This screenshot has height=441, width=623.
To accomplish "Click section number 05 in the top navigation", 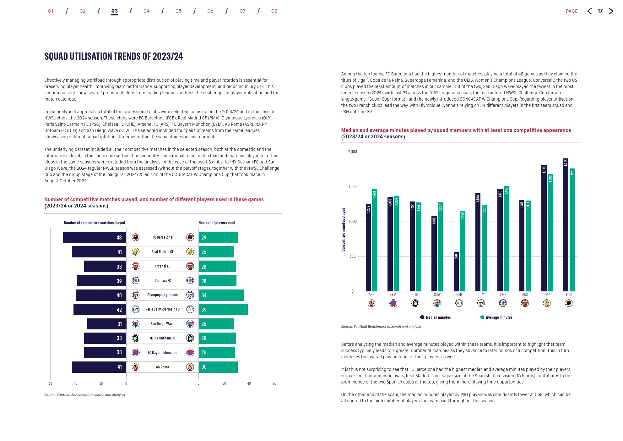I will point(178,11).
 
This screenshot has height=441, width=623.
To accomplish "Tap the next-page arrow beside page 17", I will point(611,11).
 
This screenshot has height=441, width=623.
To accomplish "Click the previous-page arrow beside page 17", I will point(589,11).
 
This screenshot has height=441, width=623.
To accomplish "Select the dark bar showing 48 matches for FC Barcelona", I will point(95,238).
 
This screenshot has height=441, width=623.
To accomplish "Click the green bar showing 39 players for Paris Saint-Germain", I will point(223,310).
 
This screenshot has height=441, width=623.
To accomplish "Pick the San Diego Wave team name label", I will point(162,324).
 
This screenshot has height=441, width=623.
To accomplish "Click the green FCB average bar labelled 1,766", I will point(572,230).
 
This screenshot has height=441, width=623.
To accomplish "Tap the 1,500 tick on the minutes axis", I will point(352,187).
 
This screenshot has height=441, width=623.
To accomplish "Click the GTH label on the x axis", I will point(415,295).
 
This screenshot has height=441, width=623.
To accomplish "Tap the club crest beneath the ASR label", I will point(371,303).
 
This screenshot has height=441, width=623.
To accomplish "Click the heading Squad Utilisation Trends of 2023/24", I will point(114,56).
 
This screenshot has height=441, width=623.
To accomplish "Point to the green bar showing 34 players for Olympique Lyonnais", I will point(221,295).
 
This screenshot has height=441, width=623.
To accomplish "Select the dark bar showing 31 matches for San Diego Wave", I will point(107,324).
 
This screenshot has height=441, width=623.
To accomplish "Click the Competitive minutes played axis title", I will point(344,229).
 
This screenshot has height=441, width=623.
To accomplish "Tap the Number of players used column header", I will point(217,223).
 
